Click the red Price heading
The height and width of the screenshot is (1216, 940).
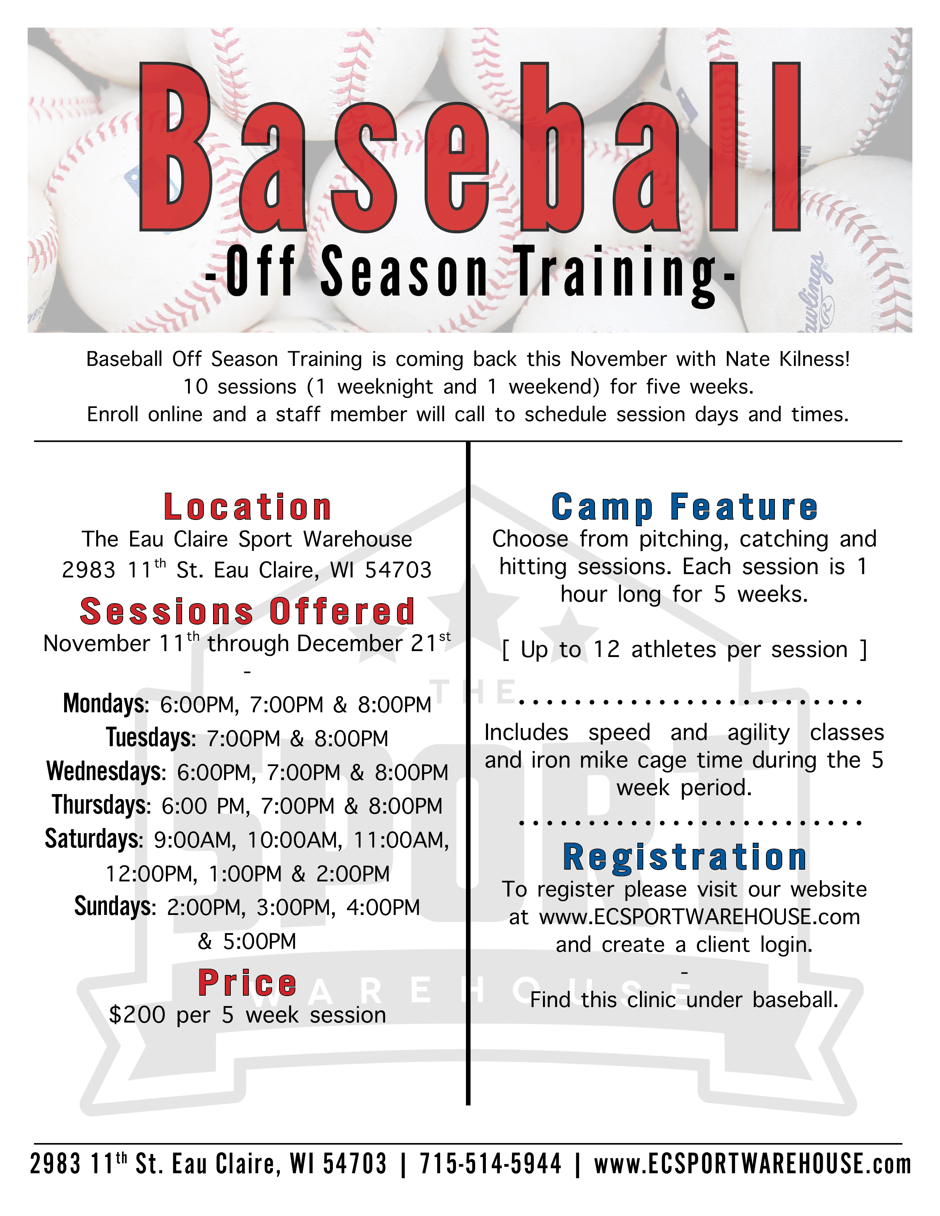pos(248,983)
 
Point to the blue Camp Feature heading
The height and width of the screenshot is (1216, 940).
pos(685,508)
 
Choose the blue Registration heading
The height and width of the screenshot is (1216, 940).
pos(685,857)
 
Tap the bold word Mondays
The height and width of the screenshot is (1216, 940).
pos(106,704)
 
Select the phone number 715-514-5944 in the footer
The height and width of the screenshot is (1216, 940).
pos(491,1164)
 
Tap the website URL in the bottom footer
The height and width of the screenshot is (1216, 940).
pos(753,1164)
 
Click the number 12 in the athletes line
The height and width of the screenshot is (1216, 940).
pos(606,650)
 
